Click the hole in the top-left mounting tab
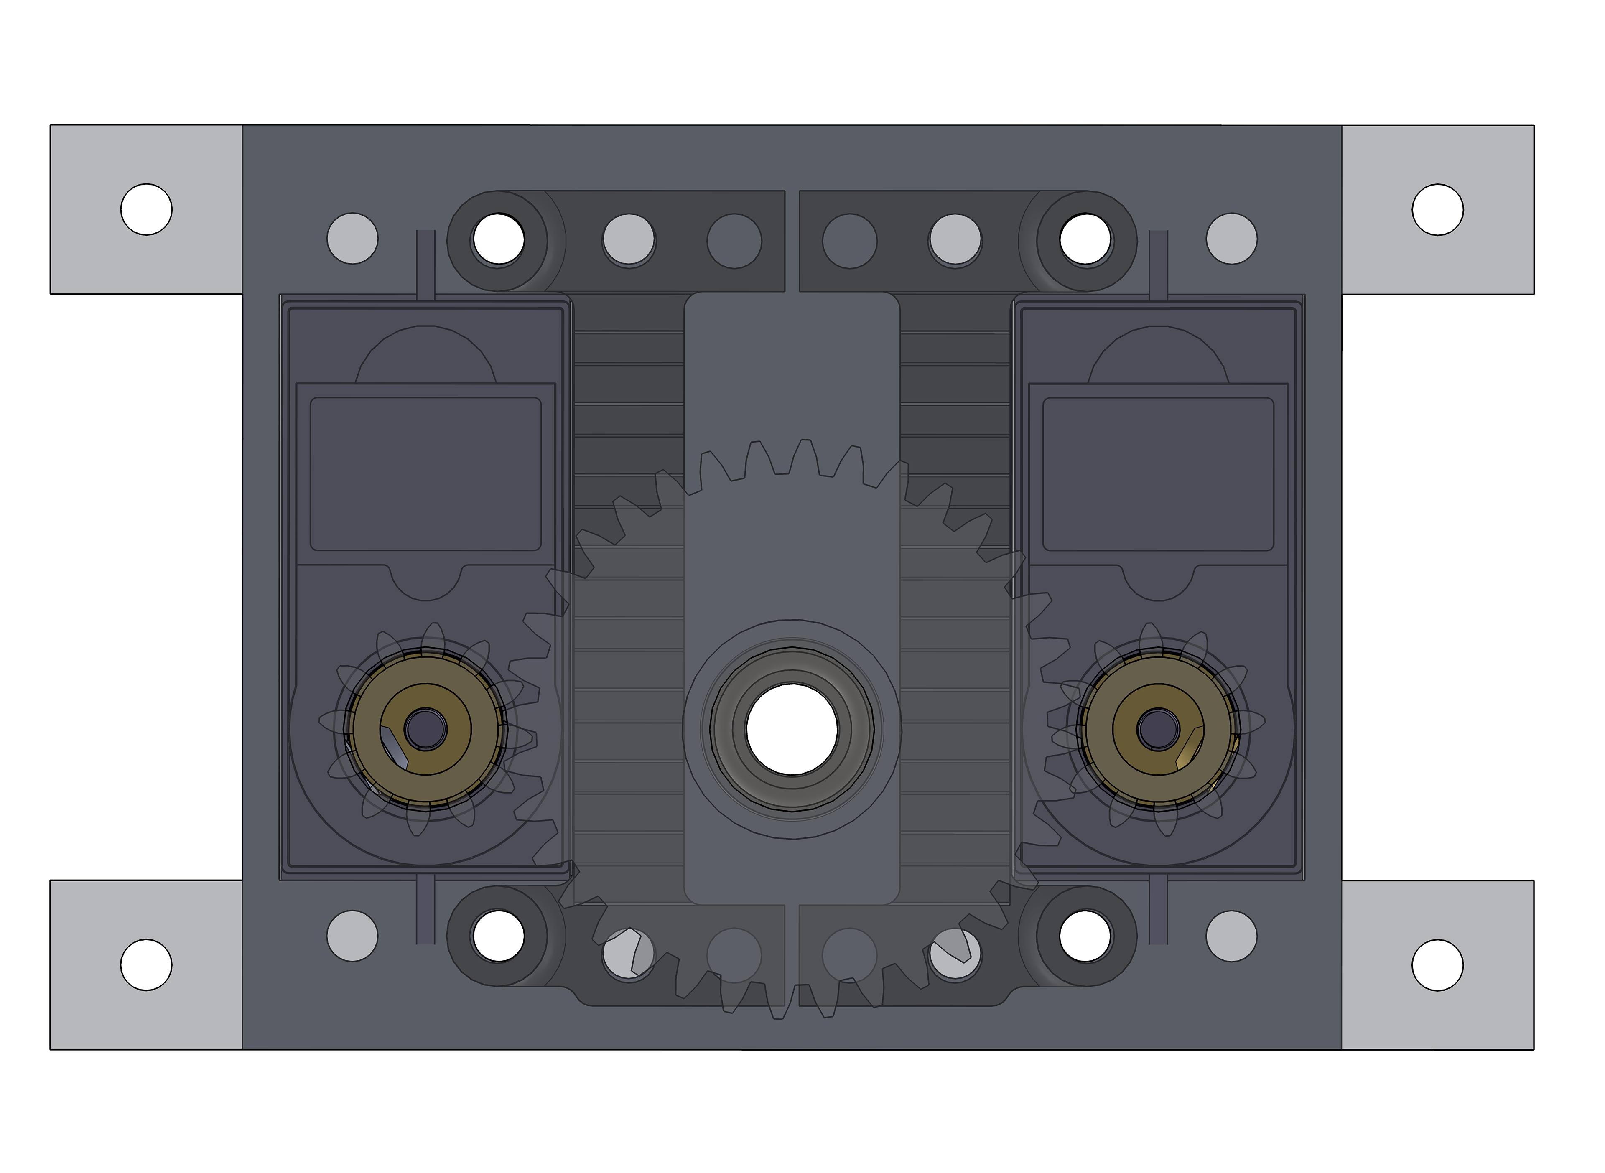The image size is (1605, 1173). (x=146, y=209)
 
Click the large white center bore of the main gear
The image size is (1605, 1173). (x=792, y=729)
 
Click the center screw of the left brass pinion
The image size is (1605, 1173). (x=425, y=729)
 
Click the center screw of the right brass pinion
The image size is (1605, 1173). (x=1158, y=729)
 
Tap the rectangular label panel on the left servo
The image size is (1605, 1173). (x=425, y=473)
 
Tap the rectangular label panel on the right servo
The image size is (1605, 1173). (x=1158, y=473)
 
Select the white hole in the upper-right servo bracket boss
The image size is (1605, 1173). (x=1085, y=239)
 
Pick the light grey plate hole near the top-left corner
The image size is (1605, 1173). (x=352, y=238)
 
